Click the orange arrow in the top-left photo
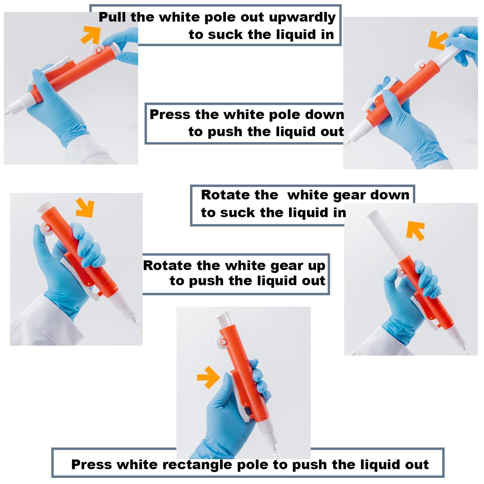(91, 35)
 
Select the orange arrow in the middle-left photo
(85, 208)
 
